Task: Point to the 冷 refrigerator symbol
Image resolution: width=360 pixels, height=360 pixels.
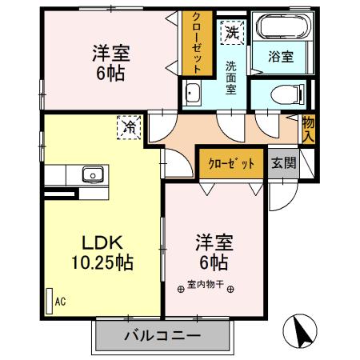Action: point(127,126)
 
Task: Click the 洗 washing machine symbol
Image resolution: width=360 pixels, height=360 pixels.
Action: point(231,33)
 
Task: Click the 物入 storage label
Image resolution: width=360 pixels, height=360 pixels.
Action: point(308,130)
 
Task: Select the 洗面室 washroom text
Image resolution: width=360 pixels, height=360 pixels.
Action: point(230,78)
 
